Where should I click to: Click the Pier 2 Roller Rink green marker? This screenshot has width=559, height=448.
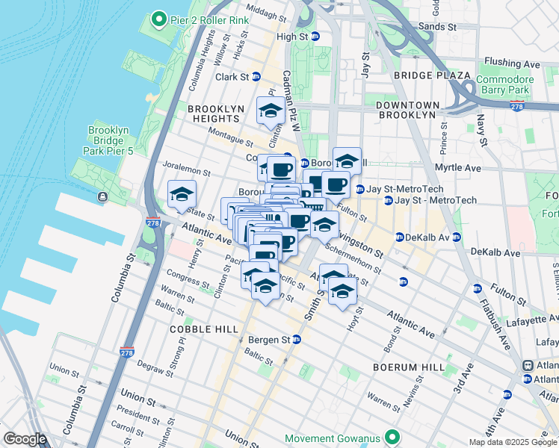[158, 19]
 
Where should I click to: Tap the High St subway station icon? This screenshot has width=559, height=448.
[315, 36]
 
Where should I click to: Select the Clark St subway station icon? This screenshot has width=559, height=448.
[256, 77]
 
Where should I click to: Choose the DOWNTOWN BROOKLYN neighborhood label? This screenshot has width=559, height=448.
[406, 110]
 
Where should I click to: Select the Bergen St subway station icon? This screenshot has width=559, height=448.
[296, 340]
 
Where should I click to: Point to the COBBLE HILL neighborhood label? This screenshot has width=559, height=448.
[204, 329]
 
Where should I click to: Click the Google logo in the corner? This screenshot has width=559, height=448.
[25, 439]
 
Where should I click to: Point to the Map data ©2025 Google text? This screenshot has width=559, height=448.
[512, 442]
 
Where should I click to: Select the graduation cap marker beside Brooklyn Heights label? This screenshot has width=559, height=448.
[270, 111]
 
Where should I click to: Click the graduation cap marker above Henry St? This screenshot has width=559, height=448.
[182, 195]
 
